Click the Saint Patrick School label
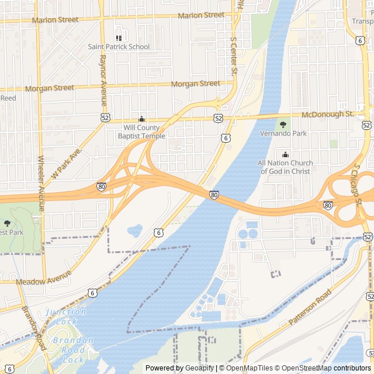119,47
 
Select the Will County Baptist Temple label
141,131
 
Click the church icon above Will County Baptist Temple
141,119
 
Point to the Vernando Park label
283,134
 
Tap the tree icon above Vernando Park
283,124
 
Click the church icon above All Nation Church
285,154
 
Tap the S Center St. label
234,57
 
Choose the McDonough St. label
328,115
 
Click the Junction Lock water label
66,317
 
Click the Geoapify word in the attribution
199,368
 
